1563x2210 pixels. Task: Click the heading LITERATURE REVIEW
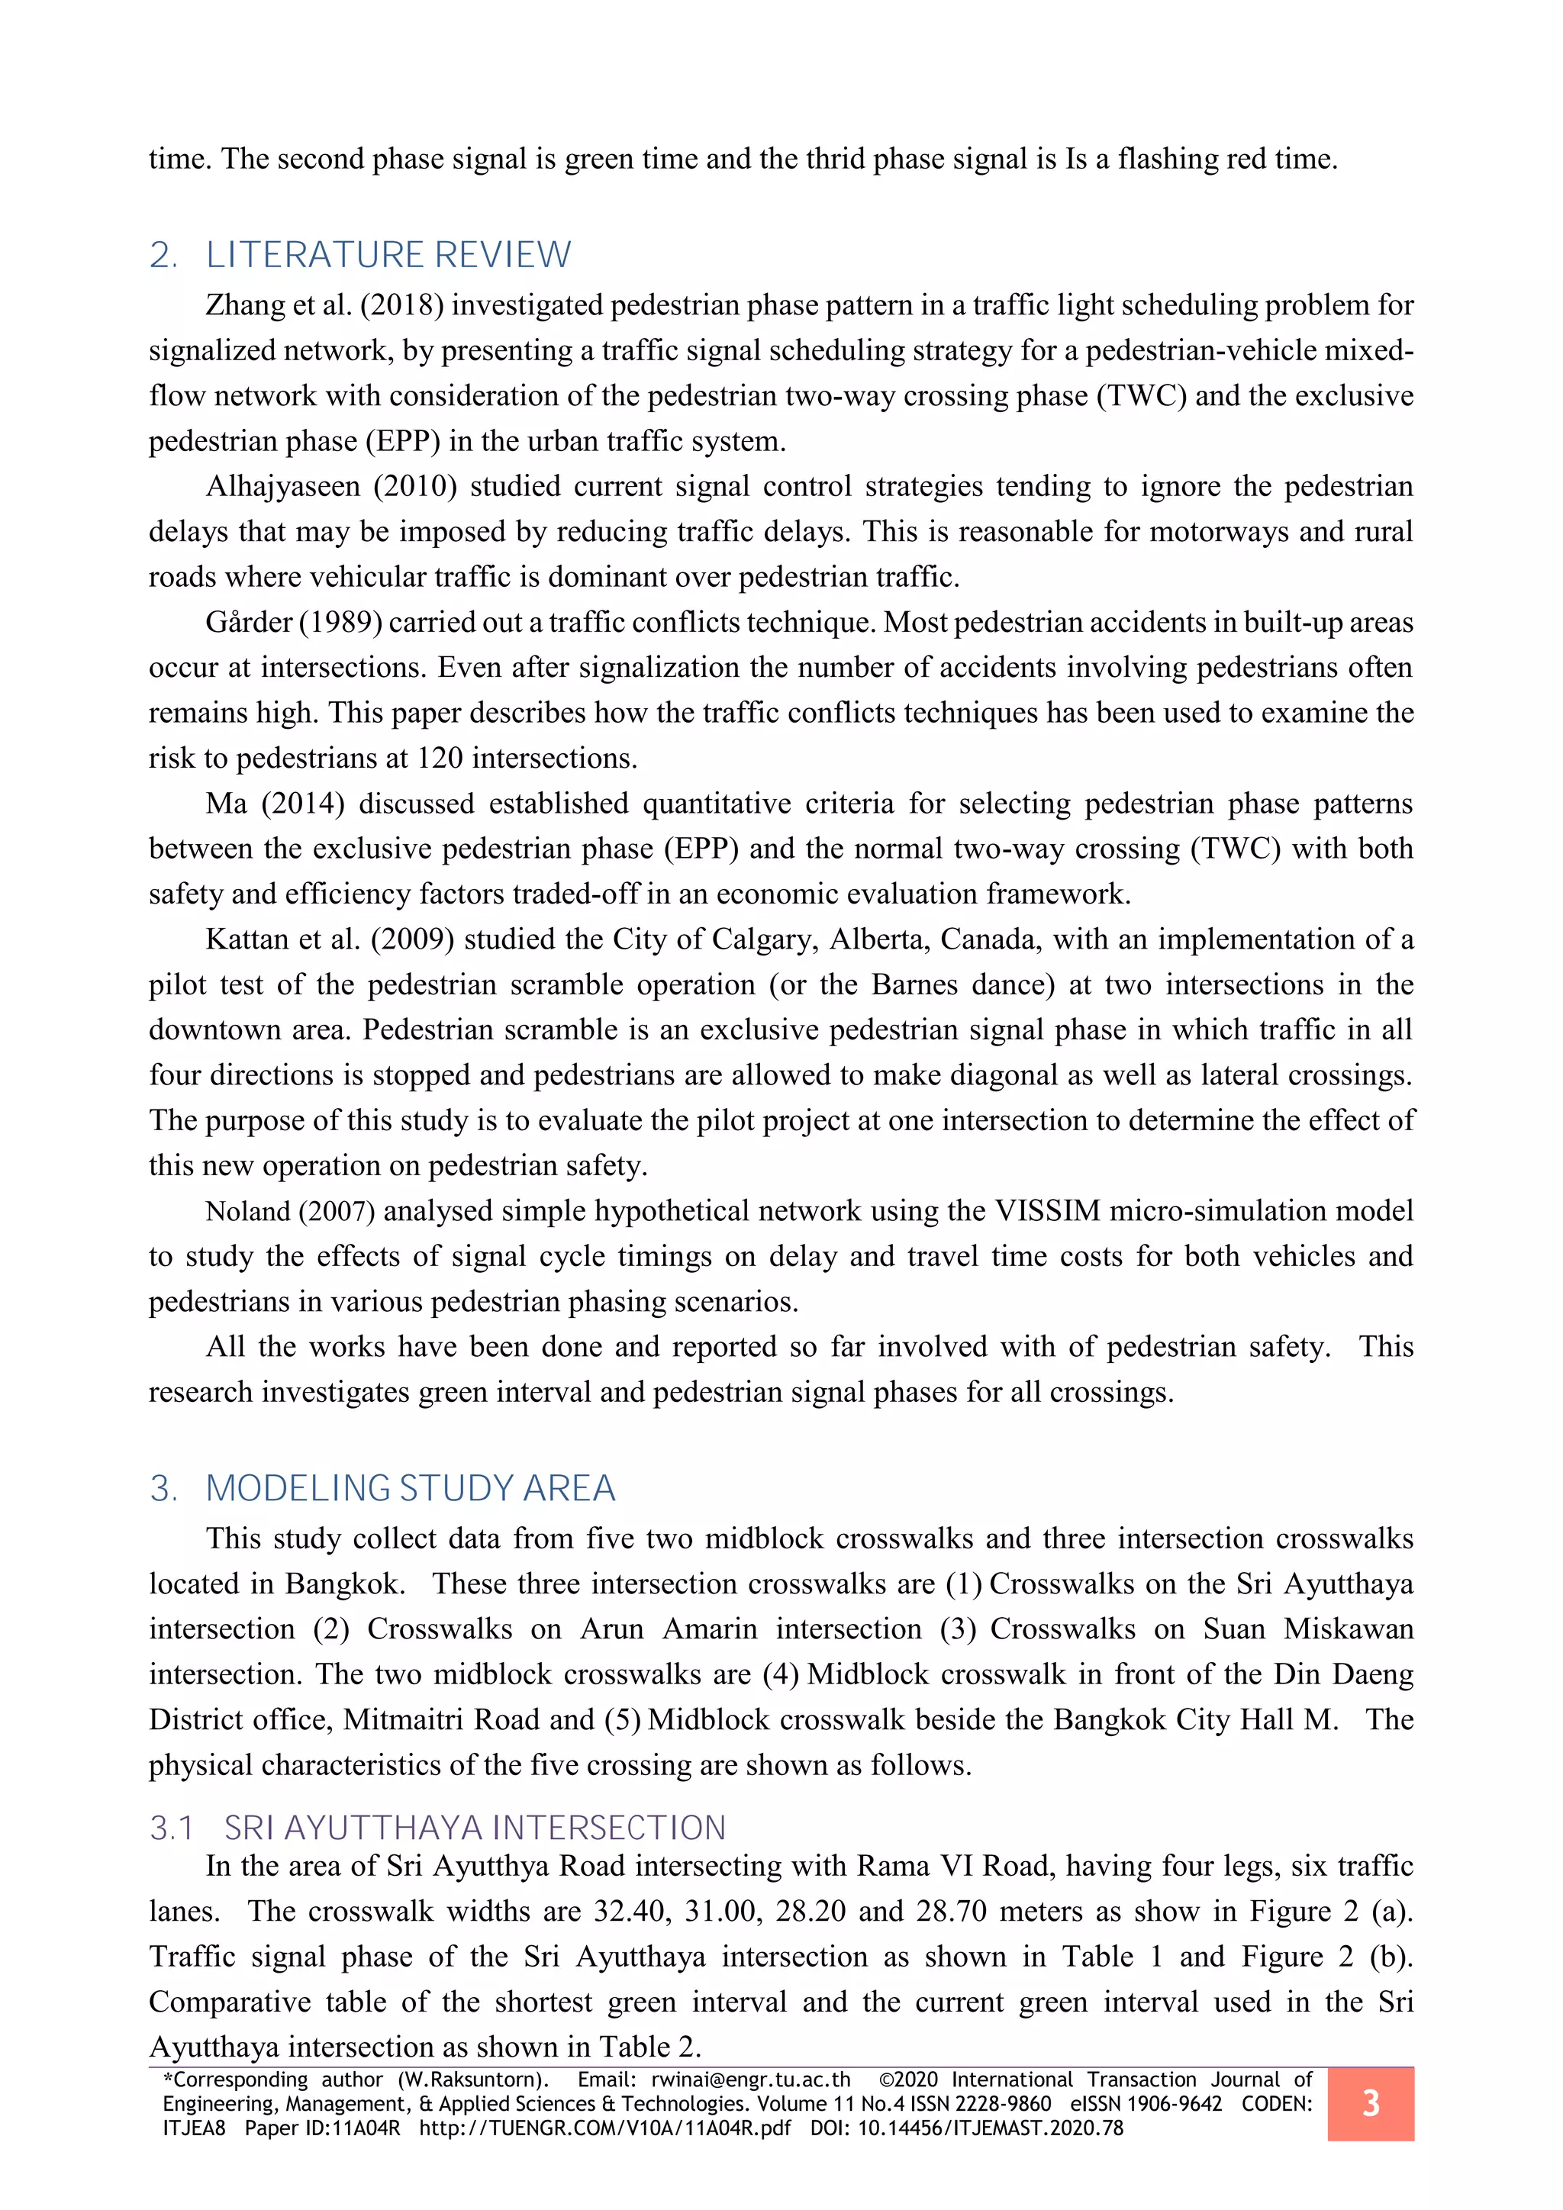pyautogui.click(x=388, y=255)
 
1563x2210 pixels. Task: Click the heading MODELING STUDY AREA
pyautogui.click(x=410, y=1488)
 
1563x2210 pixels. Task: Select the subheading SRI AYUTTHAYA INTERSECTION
pyautogui.click(x=475, y=1828)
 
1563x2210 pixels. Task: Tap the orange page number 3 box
pyautogui.click(x=1370, y=2103)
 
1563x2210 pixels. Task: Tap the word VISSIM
pyautogui.click(x=1047, y=1211)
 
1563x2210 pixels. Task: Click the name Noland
pyautogui.click(x=247, y=1212)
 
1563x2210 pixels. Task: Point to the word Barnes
pyautogui.click(x=917, y=984)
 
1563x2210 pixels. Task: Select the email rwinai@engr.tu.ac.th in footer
pyautogui.click(x=751, y=2080)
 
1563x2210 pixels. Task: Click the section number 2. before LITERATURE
pyautogui.click(x=163, y=255)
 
